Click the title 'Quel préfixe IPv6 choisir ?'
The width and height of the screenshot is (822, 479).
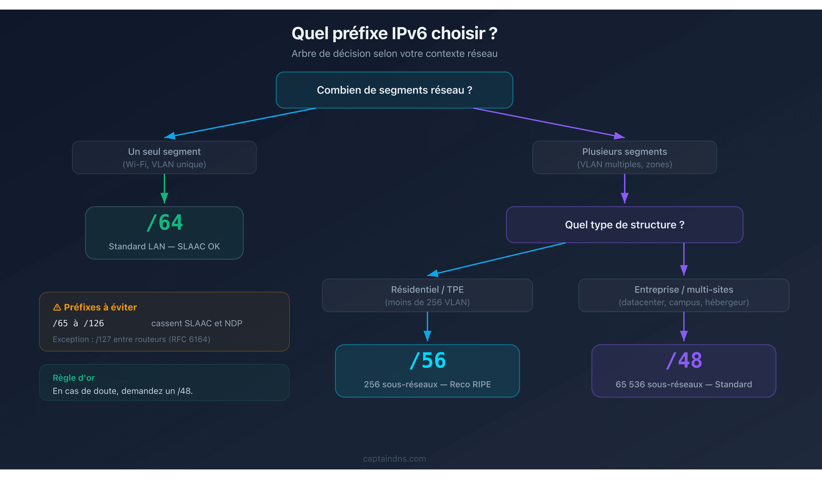(x=394, y=33)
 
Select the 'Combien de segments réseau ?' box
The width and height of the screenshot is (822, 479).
(x=394, y=90)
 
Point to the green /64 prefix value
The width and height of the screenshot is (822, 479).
(x=165, y=223)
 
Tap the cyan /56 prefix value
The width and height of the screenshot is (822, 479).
(x=428, y=360)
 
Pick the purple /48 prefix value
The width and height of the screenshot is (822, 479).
(x=684, y=360)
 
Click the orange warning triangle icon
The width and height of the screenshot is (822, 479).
(x=57, y=307)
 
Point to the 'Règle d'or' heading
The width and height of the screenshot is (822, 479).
(x=74, y=378)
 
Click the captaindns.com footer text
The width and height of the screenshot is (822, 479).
(x=394, y=458)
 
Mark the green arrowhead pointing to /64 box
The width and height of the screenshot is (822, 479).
(x=164, y=198)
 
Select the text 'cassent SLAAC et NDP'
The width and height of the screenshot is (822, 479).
(x=197, y=323)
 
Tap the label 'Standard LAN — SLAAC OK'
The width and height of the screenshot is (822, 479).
(x=164, y=246)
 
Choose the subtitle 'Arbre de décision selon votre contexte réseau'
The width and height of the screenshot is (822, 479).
(x=394, y=53)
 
